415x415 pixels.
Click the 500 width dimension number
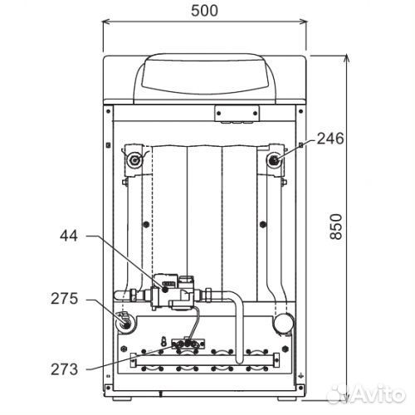click(204, 11)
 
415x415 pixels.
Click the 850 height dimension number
click(336, 227)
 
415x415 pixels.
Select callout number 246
click(330, 139)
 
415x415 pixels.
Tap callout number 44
click(69, 236)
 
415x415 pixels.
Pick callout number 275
click(65, 299)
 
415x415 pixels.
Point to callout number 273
click(65, 369)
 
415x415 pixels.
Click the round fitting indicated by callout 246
click(274, 160)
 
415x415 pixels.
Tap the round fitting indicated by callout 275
click(126, 323)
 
